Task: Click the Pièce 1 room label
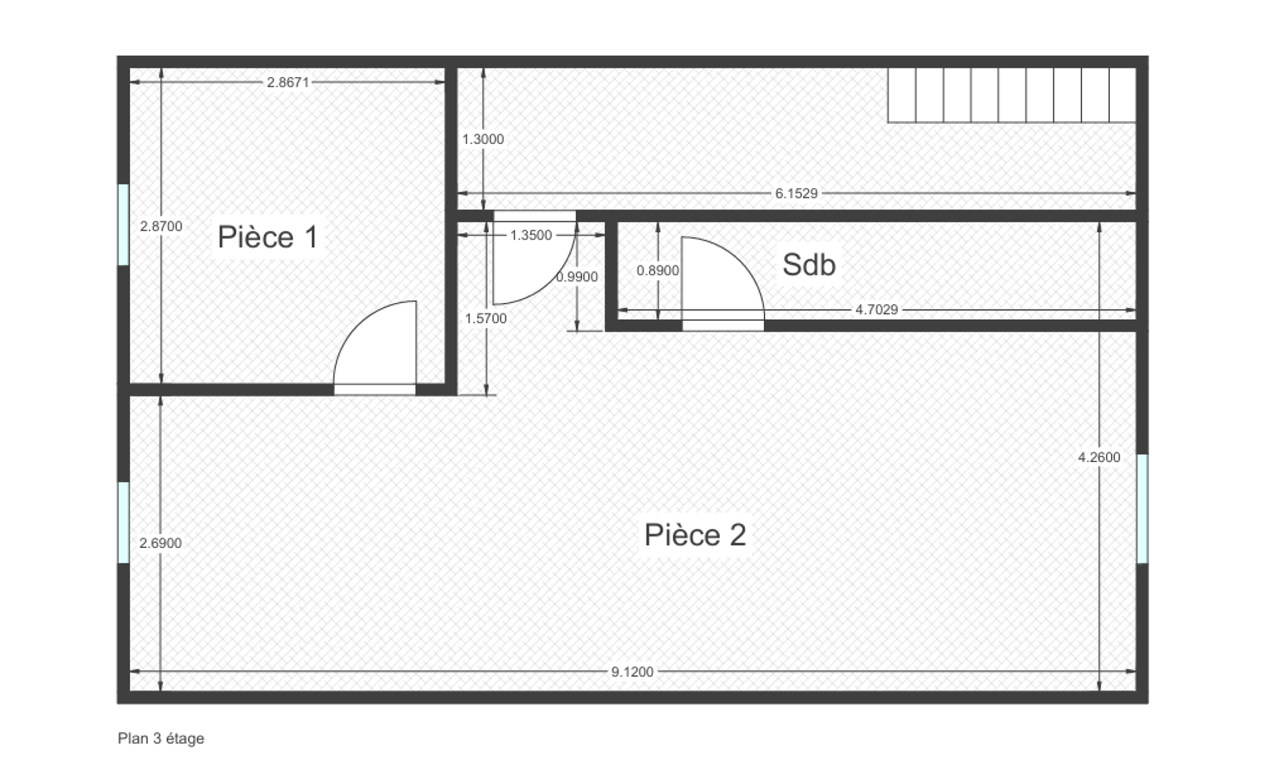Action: coord(267,237)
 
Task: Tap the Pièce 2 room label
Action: coord(695,535)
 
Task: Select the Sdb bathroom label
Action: coord(809,265)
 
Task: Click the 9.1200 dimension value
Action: coord(632,672)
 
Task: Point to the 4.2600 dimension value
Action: coord(1099,457)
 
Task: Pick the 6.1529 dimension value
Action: coord(796,193)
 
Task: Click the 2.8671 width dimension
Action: coord(288,82)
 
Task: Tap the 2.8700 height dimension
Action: coord(161,226)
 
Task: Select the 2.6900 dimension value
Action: coord(161,543)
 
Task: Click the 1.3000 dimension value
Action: coord(483,139)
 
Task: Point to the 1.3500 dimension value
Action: coord(531,235)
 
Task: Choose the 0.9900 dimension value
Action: coord(577,277)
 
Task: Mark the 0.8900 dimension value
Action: coord(658,271)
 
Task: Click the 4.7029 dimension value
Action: coord(876,310)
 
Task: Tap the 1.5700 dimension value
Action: coord(486,318)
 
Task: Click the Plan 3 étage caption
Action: coord(161,739)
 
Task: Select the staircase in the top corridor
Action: coord(1012,95)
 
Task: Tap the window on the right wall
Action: coord(1142,509)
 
